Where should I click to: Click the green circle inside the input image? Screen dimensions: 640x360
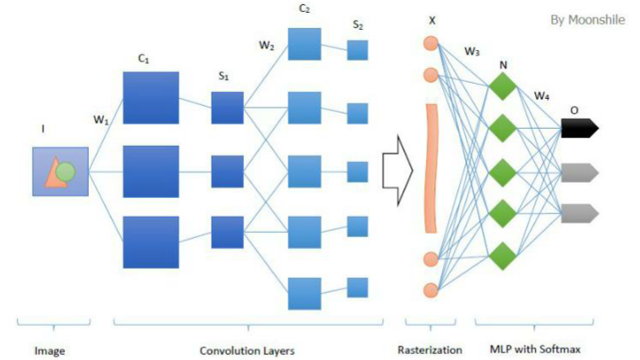(66, 171)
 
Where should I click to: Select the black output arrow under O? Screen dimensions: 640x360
(579, 128)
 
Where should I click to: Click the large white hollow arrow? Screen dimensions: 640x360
(398, 171)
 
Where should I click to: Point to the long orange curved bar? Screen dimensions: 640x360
(432, 168)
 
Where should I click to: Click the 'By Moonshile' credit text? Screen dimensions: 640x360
(587, 20)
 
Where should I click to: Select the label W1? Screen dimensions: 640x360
(101, 120)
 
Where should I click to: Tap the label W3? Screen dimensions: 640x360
(472, 51)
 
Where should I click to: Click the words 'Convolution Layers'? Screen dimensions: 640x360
(247, 351)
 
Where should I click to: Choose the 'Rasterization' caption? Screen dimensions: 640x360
(430, 350)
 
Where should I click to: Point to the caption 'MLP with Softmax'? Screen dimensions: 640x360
(535, 350)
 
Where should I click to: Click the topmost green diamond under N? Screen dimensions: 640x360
(503, 86)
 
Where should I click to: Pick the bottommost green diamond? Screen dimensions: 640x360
(503, 256)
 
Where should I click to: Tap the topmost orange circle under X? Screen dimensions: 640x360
(431, 44)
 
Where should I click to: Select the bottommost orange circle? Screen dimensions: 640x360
(431, 290)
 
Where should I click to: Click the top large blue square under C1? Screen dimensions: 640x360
(151, 97)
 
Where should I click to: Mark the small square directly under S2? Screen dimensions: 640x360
(358, 50)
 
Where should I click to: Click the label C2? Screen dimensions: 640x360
(305, 9)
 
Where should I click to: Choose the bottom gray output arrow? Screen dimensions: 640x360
(579, 213)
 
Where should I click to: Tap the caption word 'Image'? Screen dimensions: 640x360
(49, 351)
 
